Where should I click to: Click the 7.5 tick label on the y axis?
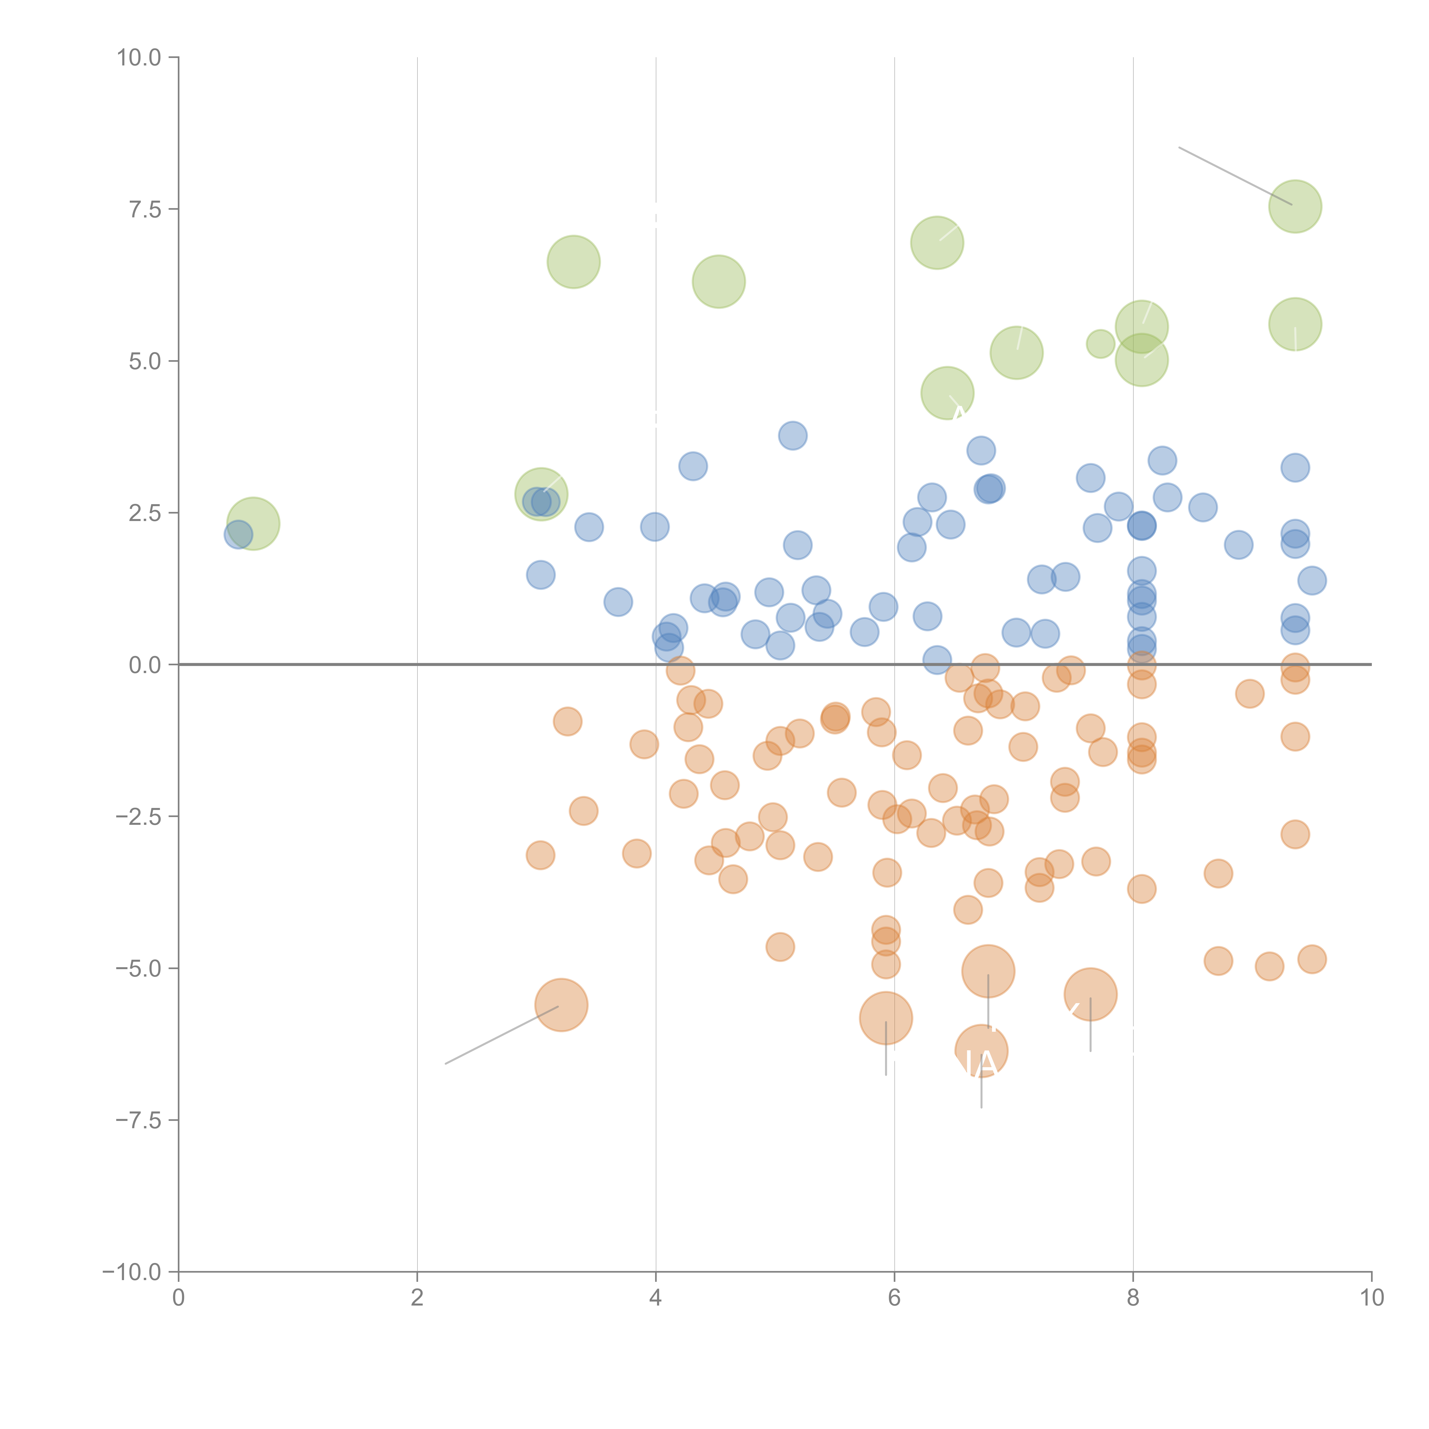(145, 209)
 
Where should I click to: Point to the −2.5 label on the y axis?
(138, 817)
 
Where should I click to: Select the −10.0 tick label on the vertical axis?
(132, 1272)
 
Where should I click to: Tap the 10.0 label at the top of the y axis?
(138, 58)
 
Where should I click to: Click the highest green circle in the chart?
(1295, 206)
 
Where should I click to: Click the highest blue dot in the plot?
(792, 436)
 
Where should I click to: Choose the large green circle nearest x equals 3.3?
(573, 262)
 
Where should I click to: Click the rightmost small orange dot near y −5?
(1312, 959)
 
